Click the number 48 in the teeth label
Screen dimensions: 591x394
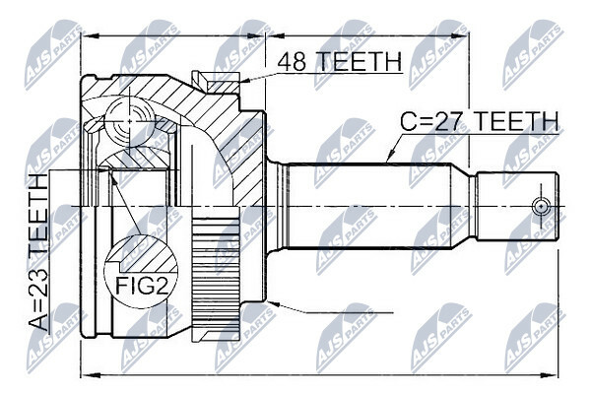click(292, 61)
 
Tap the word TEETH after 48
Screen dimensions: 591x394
click(358, 61)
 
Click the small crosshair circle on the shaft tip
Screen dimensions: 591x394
click(541, 207)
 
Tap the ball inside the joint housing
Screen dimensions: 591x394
click(129, 121)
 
